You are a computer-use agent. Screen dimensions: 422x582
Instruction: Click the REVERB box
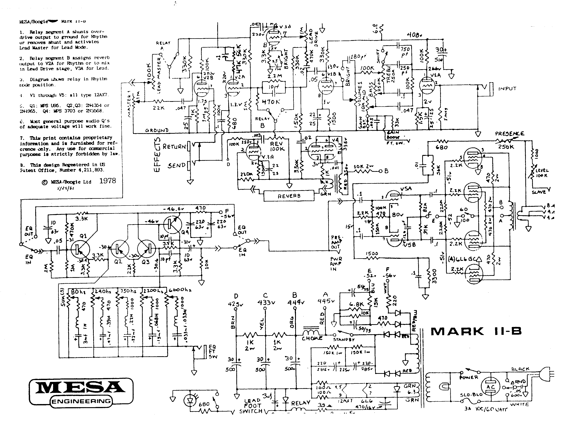tap(289, 196)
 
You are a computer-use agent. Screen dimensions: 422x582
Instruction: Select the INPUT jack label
tap(507, 89)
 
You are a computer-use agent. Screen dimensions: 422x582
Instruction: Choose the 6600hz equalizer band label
tap(180, 290)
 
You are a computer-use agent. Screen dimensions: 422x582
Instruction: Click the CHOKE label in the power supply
tap(312, 338)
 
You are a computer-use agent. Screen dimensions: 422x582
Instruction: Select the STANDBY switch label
tap(344, 340)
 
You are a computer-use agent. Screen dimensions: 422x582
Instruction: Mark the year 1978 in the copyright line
tap(108, 181)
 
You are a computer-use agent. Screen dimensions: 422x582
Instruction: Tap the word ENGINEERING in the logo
tap(81, 401)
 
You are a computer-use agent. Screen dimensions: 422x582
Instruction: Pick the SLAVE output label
tap(539, 192)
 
